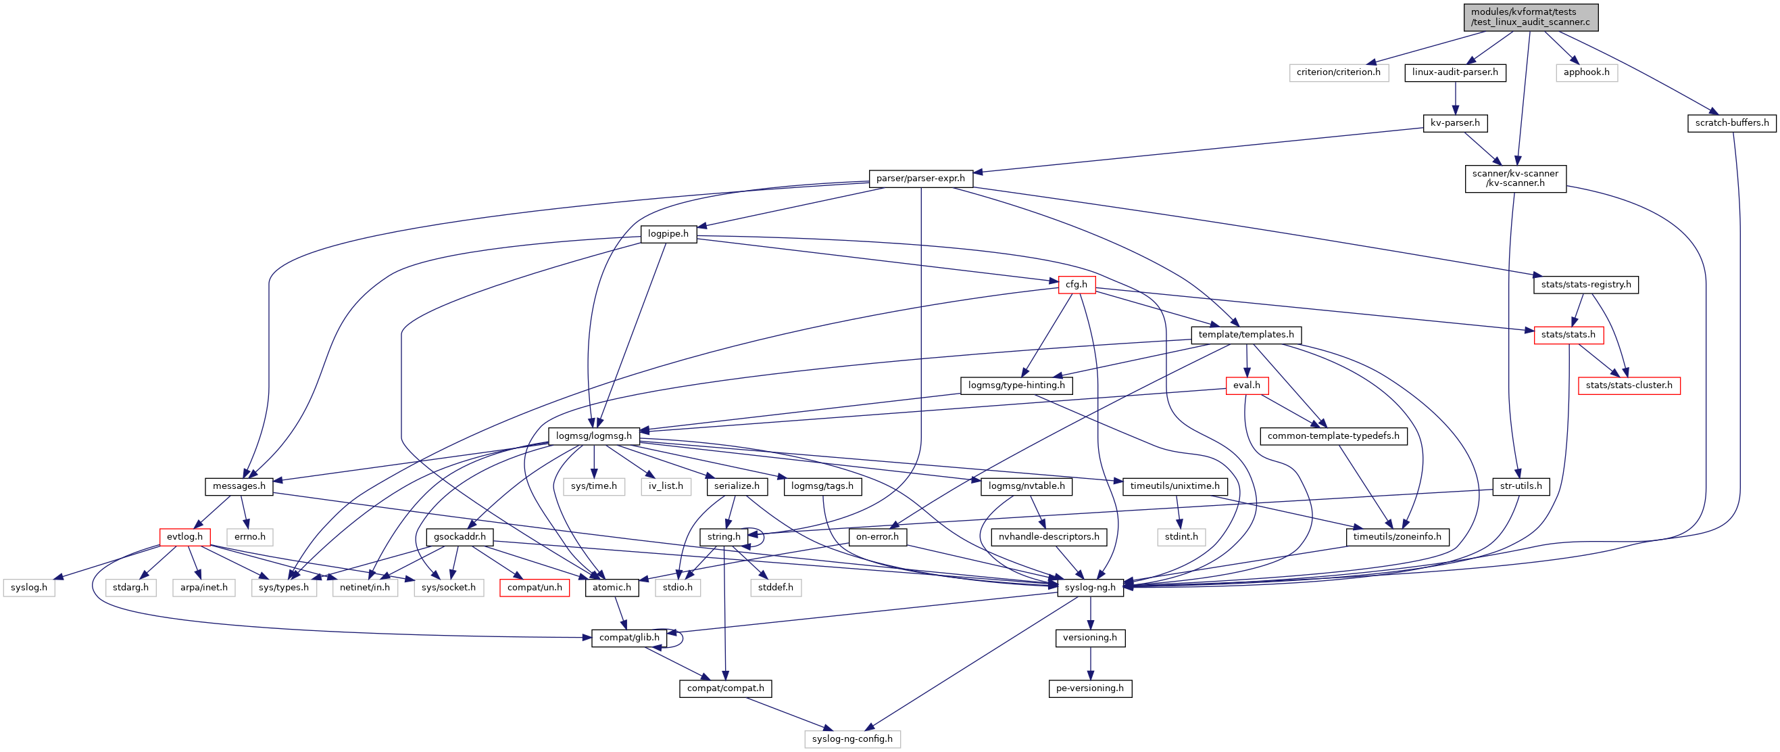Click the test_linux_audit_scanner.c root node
1531,17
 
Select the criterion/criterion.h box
1338,72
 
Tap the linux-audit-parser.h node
1454,72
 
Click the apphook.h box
1586,72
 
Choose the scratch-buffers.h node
1731,123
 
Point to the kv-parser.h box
1454,123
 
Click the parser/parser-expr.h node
920,179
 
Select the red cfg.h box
1076,284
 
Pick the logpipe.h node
668,233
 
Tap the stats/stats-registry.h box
1585,284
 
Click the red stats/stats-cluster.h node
1629,385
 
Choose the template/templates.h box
1246,335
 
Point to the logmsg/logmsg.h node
593,436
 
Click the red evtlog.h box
184,536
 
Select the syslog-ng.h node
1090,588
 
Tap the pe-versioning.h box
1090,688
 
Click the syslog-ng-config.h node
852,739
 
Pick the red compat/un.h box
534,588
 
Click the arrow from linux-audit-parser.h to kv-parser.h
1454,98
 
